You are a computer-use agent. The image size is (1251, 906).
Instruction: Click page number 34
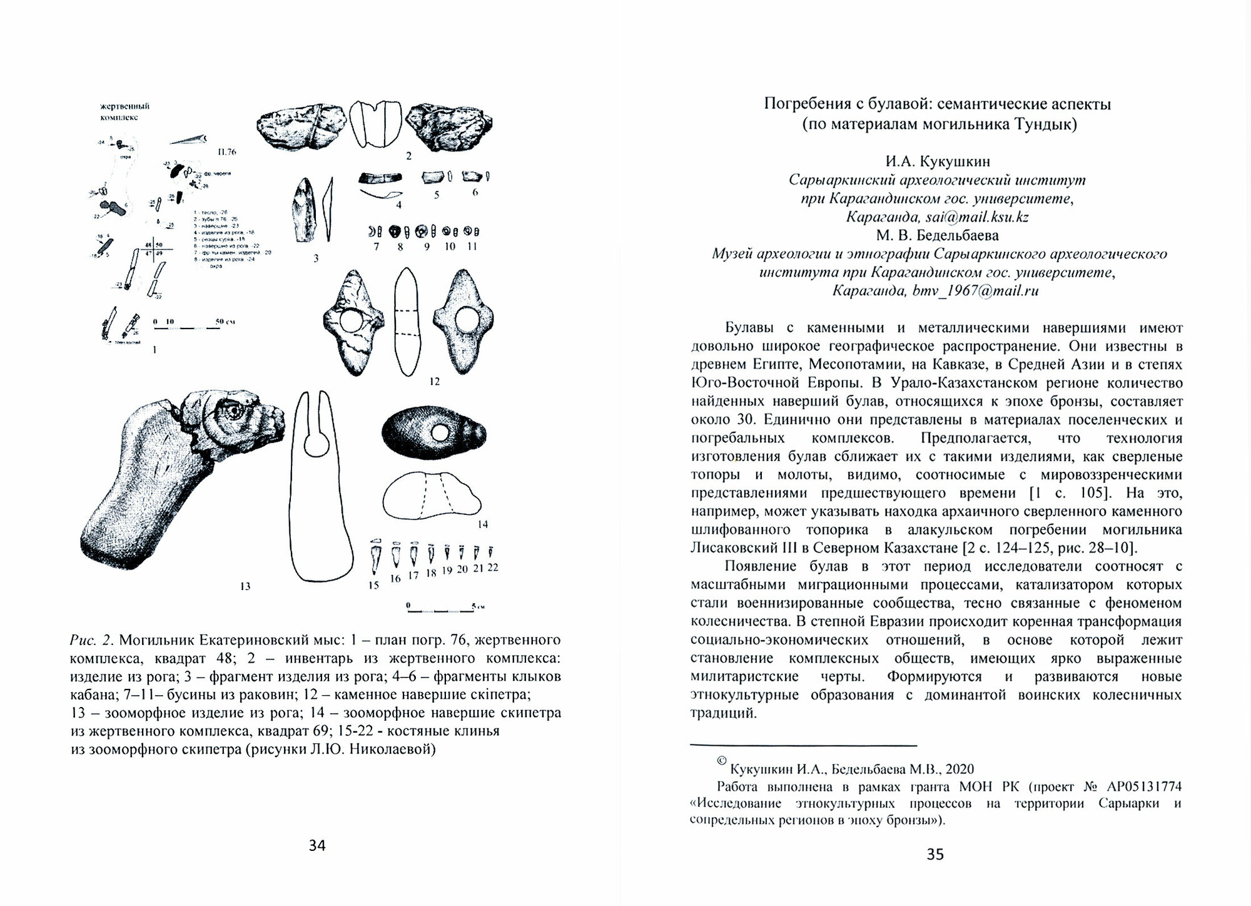[317, 846]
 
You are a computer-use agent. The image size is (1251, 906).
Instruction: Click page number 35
[934, 854]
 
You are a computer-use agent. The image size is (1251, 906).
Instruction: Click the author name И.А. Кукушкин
[937, 161]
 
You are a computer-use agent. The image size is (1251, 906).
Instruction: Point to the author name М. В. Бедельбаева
[936, 235]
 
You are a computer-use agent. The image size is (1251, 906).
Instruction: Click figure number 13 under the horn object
[245, 586]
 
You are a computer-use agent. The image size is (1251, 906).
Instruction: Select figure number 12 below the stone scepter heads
[434, 381]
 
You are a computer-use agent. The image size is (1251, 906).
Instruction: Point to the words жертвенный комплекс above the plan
[125, 112]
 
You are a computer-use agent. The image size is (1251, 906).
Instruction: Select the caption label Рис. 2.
[91, 640]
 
